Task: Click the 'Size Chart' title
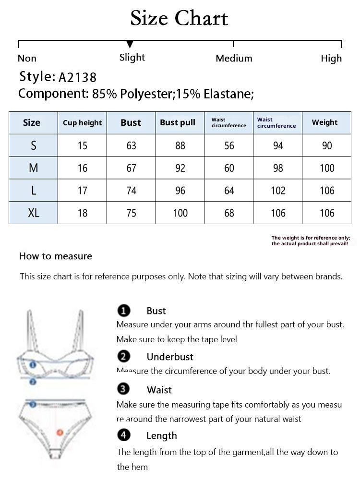tap(179, 18)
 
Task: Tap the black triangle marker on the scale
tap(130, 45)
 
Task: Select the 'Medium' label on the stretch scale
tap(234, 59)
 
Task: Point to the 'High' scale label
tap(331, 59)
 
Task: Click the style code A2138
tap(77, 77)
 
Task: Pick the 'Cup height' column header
tap(82, 123)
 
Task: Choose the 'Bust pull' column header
tap(178, 122)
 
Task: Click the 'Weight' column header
tap(324, 122)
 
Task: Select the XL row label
tap(33, 213)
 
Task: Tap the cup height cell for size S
tap(82, 145)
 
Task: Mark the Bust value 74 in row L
tap(131, 191)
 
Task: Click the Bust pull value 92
tap(180, 168)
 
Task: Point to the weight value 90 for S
tap(327, 145)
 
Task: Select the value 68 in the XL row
tap(229, 213)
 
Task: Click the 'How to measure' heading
tap(56, 256)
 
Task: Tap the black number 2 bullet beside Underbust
tap(124, 357)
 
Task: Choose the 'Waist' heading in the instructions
tap(159, 390)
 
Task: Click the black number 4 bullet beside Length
tap(124, 435)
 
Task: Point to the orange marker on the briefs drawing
tap(60, 432)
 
